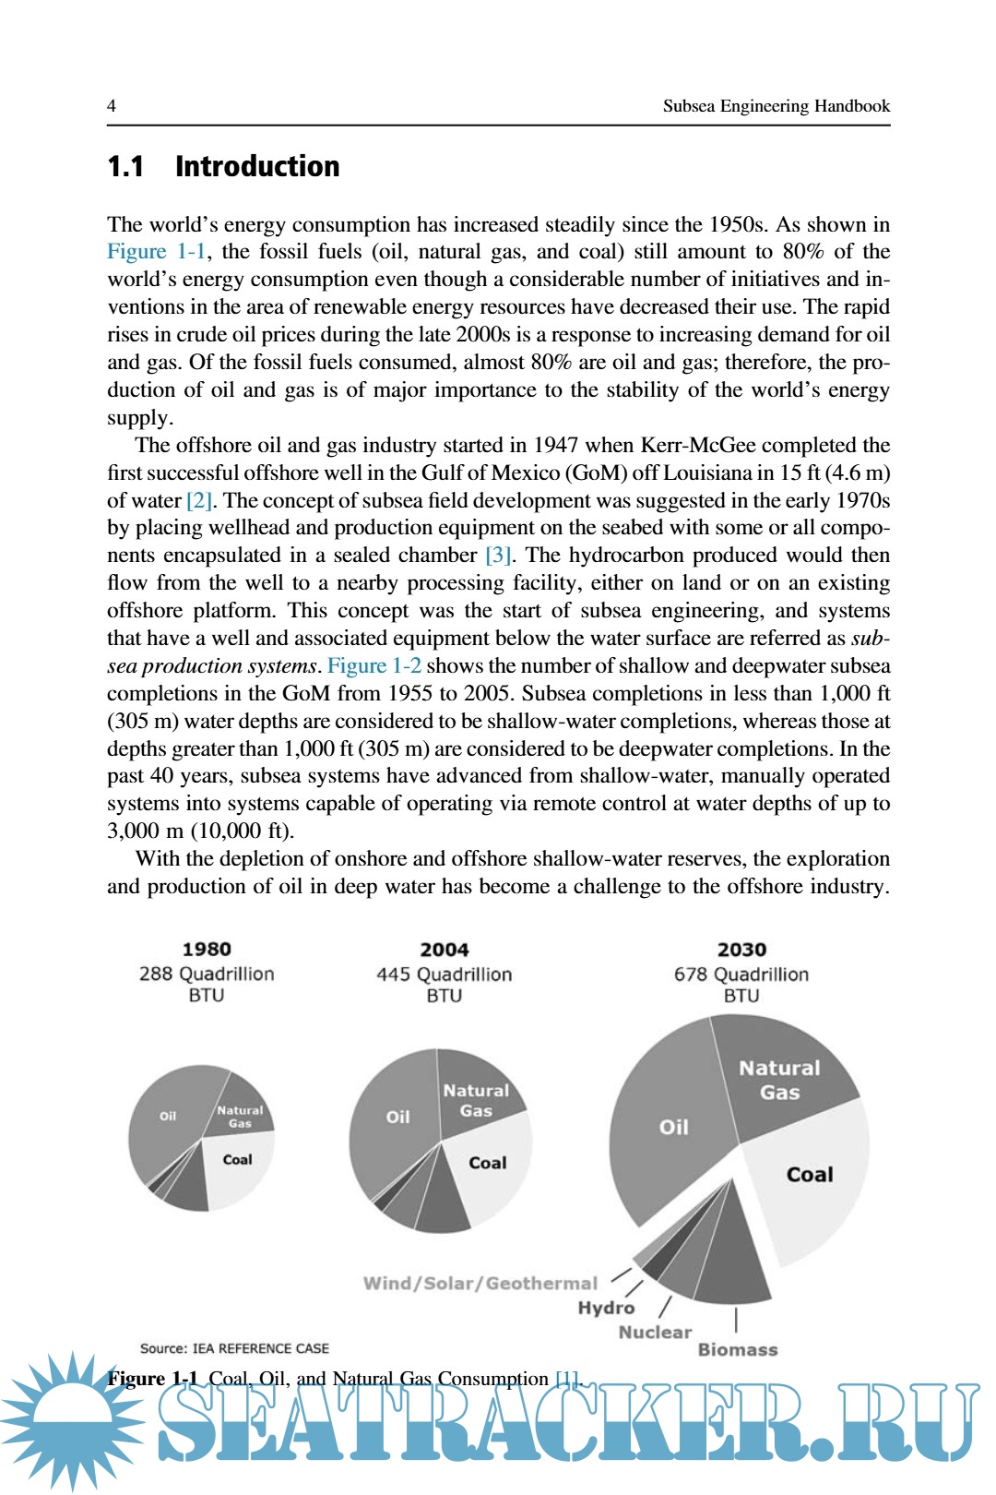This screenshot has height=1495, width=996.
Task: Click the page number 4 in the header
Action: (112, 105)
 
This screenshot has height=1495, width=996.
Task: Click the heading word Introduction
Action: (257, 166)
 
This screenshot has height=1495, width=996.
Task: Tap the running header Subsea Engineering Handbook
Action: (776, 106)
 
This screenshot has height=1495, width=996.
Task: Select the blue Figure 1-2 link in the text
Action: (373, 665)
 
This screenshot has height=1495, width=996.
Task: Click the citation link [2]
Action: (199, 500)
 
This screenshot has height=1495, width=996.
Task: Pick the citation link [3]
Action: (499, 555)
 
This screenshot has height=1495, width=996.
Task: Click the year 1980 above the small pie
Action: (207, 949)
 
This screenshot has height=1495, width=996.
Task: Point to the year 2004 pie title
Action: (445, 950)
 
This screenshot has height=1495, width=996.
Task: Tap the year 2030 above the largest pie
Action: (741, 950)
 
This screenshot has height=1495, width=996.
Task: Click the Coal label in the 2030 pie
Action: (810, 1174)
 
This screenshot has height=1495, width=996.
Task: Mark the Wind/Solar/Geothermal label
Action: (480, 1283)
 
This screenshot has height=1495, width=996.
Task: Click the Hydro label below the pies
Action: (606, 1308)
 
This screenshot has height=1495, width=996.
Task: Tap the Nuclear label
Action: (655, 1332)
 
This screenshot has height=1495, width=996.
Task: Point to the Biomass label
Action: (738, 1349)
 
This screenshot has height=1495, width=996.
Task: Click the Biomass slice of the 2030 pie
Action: (734, 1264)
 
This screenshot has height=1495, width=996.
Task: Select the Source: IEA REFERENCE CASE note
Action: (234, 1348)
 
